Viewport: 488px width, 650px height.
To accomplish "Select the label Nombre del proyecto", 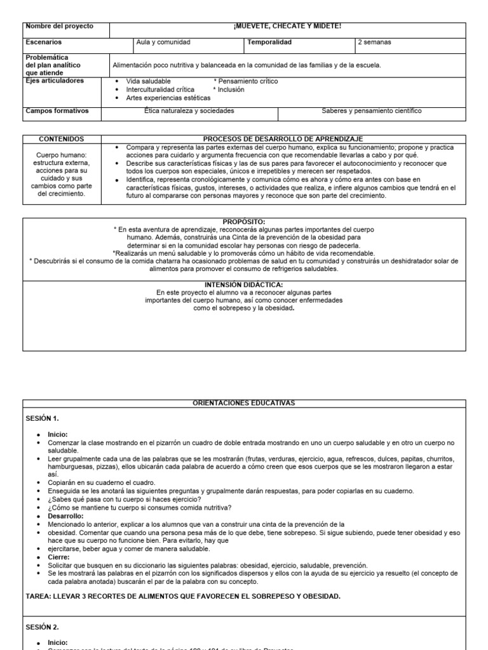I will tap(59, 26).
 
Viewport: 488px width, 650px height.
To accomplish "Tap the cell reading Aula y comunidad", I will tap(163, 43).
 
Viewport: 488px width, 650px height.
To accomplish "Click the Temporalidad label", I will tap(269, 43).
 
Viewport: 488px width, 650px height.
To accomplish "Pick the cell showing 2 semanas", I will tap(374, 43).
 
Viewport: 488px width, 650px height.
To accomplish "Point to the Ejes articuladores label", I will tap(55, 81).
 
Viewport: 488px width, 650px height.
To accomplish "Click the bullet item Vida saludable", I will tap(148, 81).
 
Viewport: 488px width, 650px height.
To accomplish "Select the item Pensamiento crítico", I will tap(247, 81).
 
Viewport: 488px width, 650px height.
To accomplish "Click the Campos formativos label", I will tap(57, 111).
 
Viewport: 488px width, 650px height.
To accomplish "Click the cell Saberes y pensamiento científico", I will tap(371, 111).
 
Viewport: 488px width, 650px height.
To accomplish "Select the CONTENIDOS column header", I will tap(62, 139).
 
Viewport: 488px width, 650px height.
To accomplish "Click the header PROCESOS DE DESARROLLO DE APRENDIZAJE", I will tap(283, 139).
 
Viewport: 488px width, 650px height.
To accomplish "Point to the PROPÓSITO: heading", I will tap(244, 222).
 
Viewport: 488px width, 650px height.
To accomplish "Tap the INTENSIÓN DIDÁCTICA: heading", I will tap(244, 284).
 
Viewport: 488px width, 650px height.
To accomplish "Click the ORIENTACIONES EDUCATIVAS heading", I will tap(244, 403).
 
